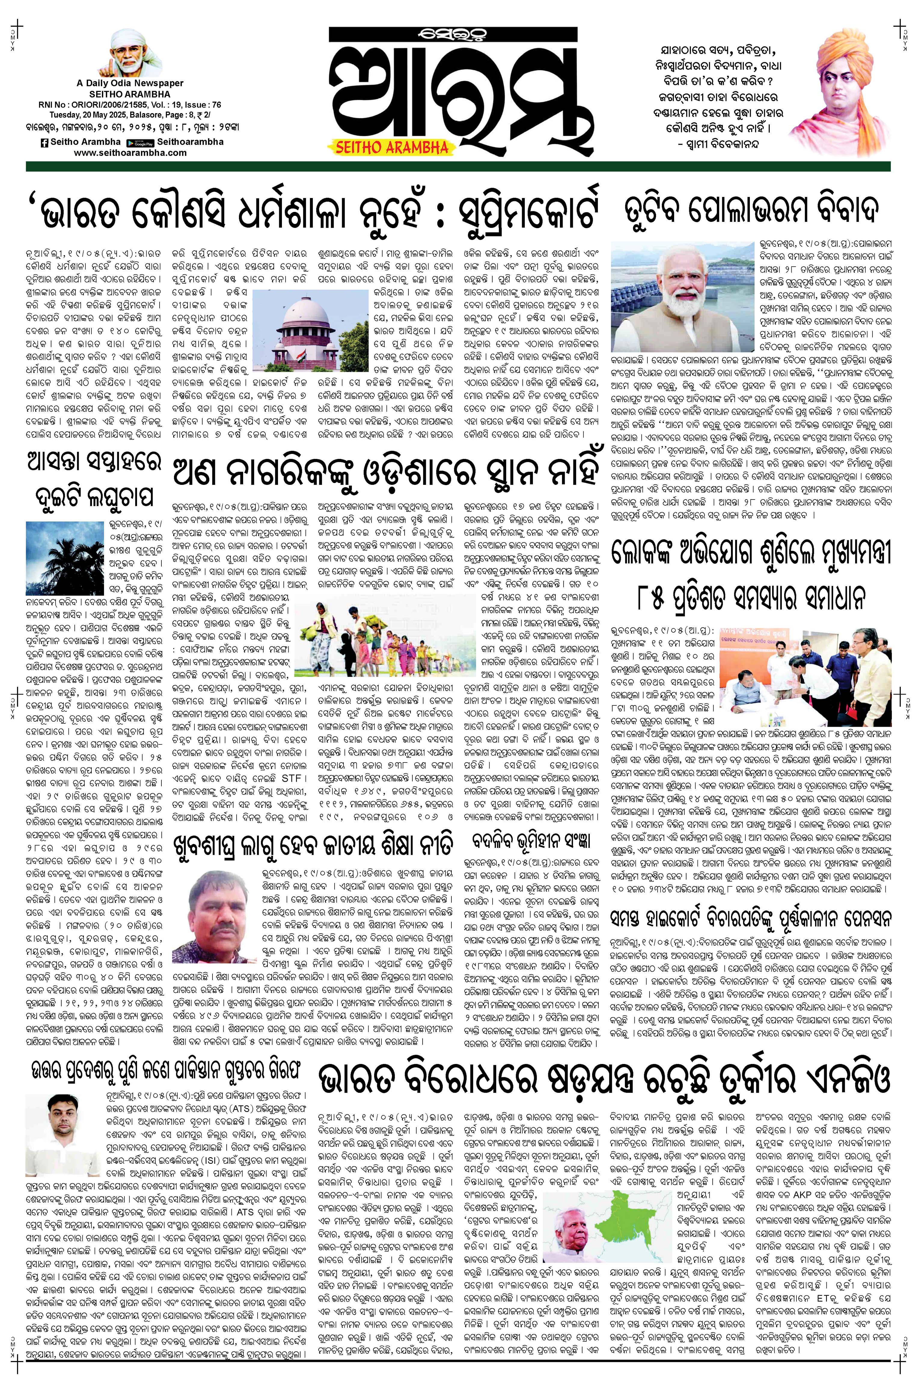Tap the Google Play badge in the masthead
pos(139,143)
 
